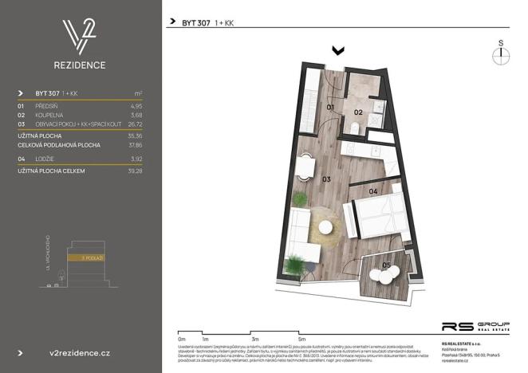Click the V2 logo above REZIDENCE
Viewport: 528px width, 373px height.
(x=81, y=35)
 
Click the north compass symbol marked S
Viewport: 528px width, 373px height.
(x=500, y=53)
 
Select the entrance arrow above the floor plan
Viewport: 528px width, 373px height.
(x=338, y=50)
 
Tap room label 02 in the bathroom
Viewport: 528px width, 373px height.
(x=358, y=112)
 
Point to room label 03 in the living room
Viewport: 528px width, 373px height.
(x=327, y=180)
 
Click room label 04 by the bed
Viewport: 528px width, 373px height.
(x=372, y=192)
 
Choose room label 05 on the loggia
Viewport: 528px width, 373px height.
(x=386, y=265)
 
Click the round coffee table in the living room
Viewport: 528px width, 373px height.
(x=325, y=229)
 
